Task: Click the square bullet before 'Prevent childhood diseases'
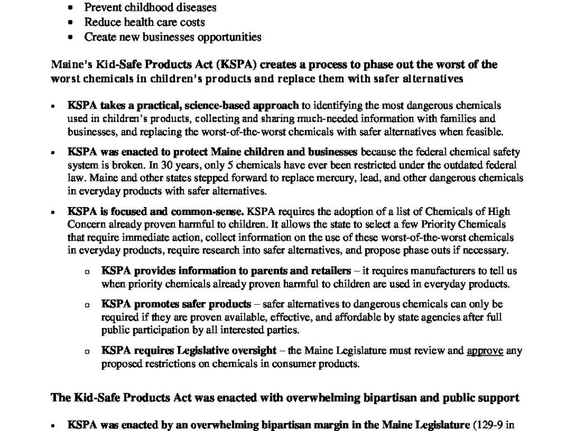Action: [x=70, y=8]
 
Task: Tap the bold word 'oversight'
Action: [x=250, y=351]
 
